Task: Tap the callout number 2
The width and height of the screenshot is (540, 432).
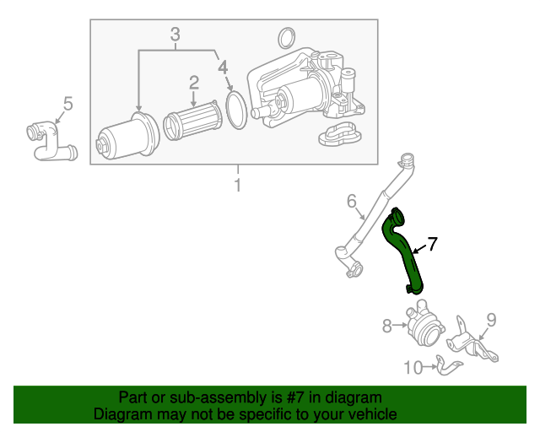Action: pos(193,82)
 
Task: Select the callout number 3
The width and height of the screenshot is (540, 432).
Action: pos(175,35)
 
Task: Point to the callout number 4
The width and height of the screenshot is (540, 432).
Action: pos(222,66)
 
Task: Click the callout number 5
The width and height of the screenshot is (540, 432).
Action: pos(67,104)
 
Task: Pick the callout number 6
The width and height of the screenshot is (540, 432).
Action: pos(352,201)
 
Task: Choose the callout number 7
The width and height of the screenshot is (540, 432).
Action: pos(432,245)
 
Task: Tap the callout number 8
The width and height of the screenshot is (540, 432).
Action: pos(387,325)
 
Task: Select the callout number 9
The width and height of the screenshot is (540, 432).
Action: pos(490,319)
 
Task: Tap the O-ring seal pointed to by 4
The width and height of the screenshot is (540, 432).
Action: pos(237,111)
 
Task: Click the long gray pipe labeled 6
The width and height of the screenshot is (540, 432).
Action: pos(378,211)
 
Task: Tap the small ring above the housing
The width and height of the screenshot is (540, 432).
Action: pos(286,37)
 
